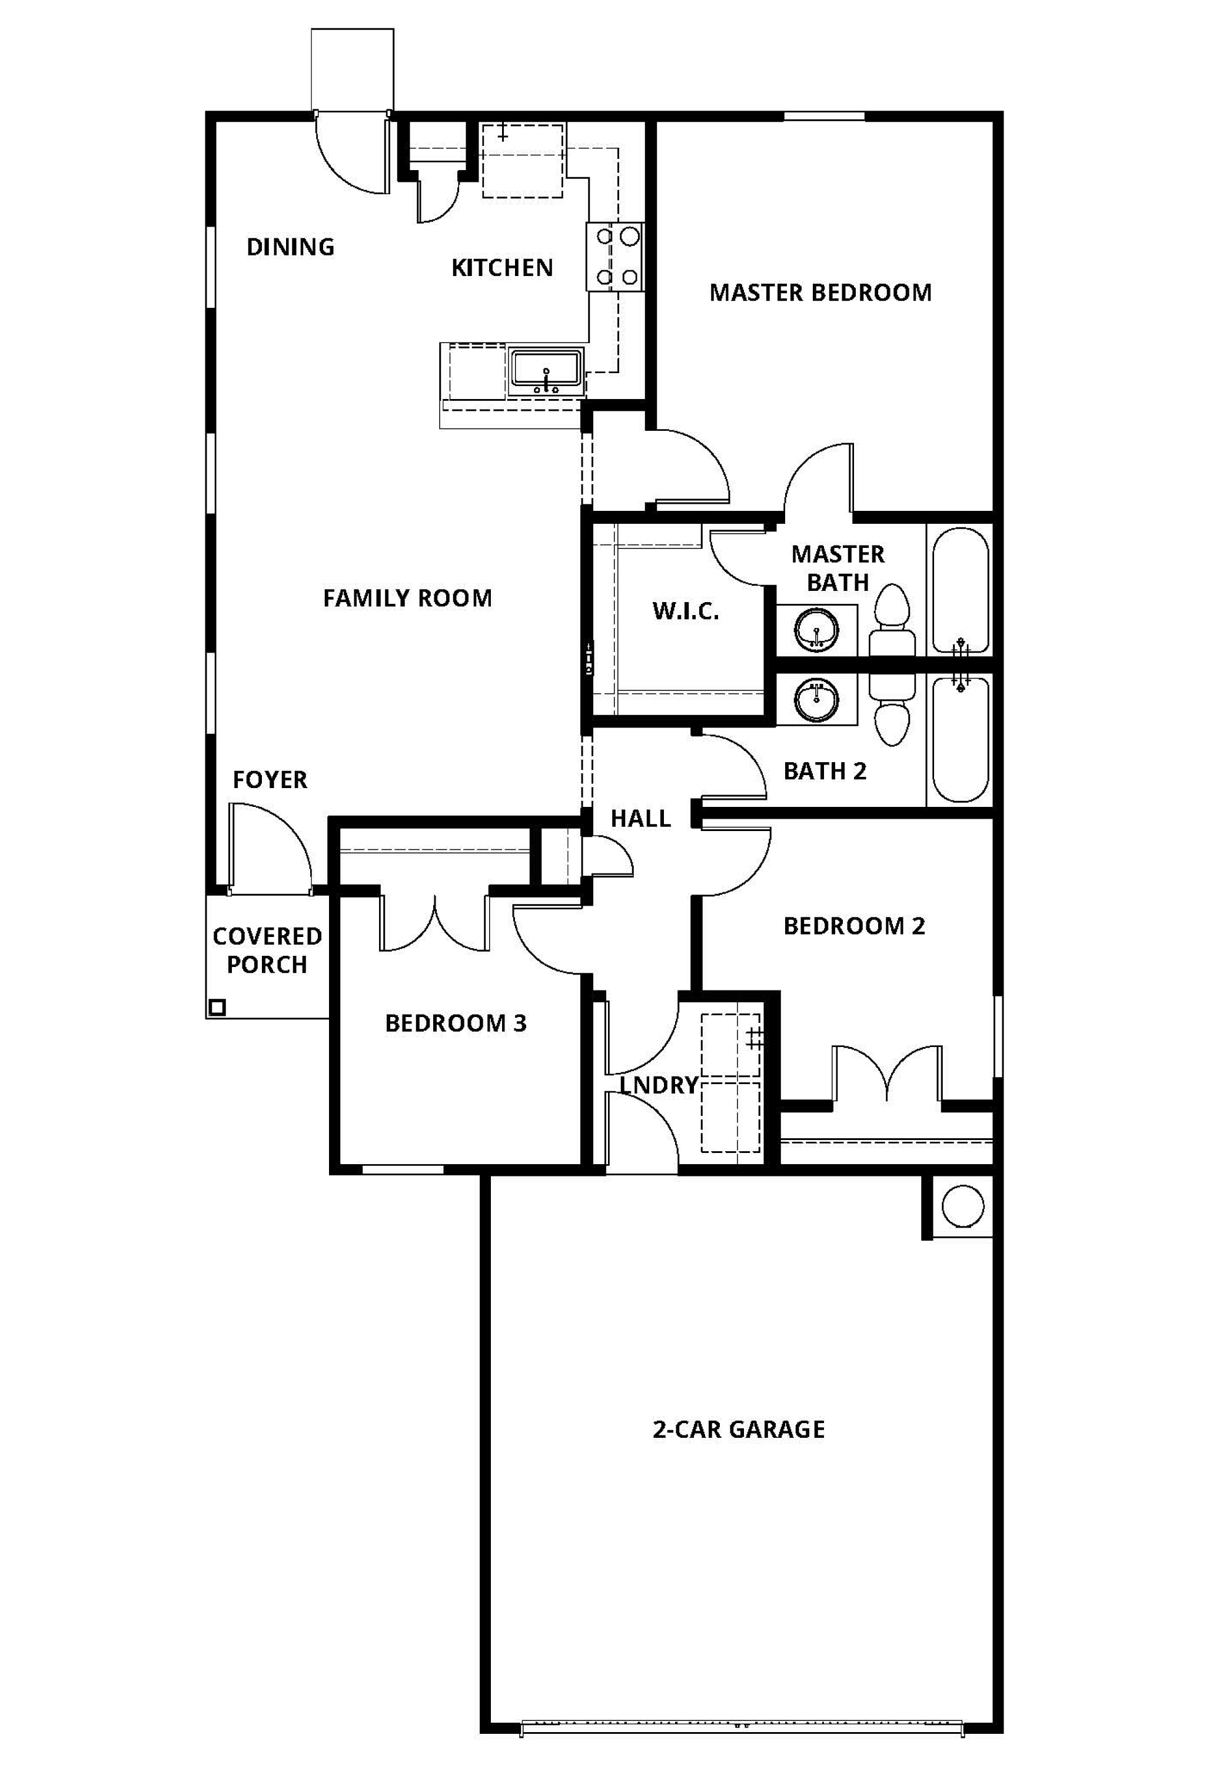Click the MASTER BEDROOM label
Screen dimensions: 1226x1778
pyautogui.click(x=820, y=292)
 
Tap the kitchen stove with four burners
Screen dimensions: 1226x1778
pyautogui.click(x=615, y=257)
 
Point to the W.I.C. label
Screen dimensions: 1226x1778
pyautogui.click(x=686, y=612)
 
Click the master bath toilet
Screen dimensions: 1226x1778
pyautogui.click(x=892, y=620)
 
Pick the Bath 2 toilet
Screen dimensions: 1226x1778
pyautogui.click(x=892, y=709)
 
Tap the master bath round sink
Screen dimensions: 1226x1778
pyautogui.click(x=816, y=630)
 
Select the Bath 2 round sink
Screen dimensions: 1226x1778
pyautogui.click(x=816, y=700)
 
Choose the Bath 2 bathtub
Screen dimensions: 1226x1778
pyautogui.click(x=960, y=739)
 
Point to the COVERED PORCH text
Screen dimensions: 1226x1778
pyautogui.click(x=267, y=950)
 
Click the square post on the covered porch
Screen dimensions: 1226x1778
pyautogui.click(x=217, y=1007)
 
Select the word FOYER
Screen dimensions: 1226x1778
pyautogui.click(x=270, y=780)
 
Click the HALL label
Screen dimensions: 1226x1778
pyautogui.click(x=640, y=819)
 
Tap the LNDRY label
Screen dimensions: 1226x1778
pyautogui.click(x=659, y=1085)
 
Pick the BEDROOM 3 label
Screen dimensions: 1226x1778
pyautogui.click(x=456, y=1023)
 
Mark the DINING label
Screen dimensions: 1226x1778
pyautogui.click(x=290, y=247)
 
